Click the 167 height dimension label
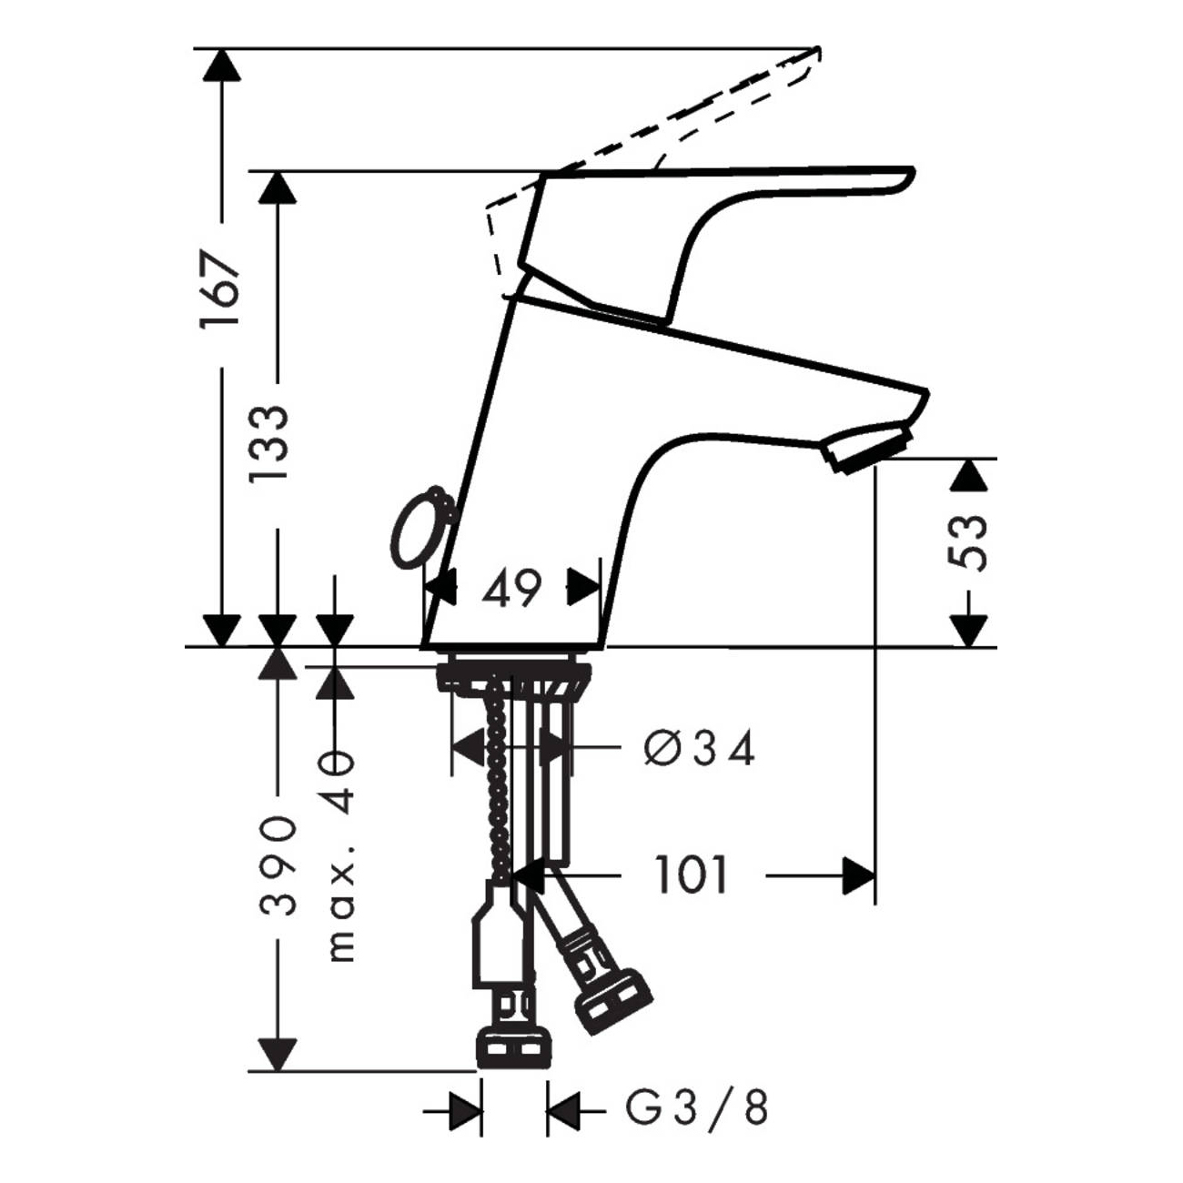pos(222,289)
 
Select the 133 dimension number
pos(271,446)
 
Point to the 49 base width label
pos(511,590)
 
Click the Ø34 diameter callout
pos(699,750)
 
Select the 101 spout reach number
pos(692,875)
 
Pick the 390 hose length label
pos(275,864)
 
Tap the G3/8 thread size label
pos(697,1110)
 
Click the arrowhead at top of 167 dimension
pos(222,66)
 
